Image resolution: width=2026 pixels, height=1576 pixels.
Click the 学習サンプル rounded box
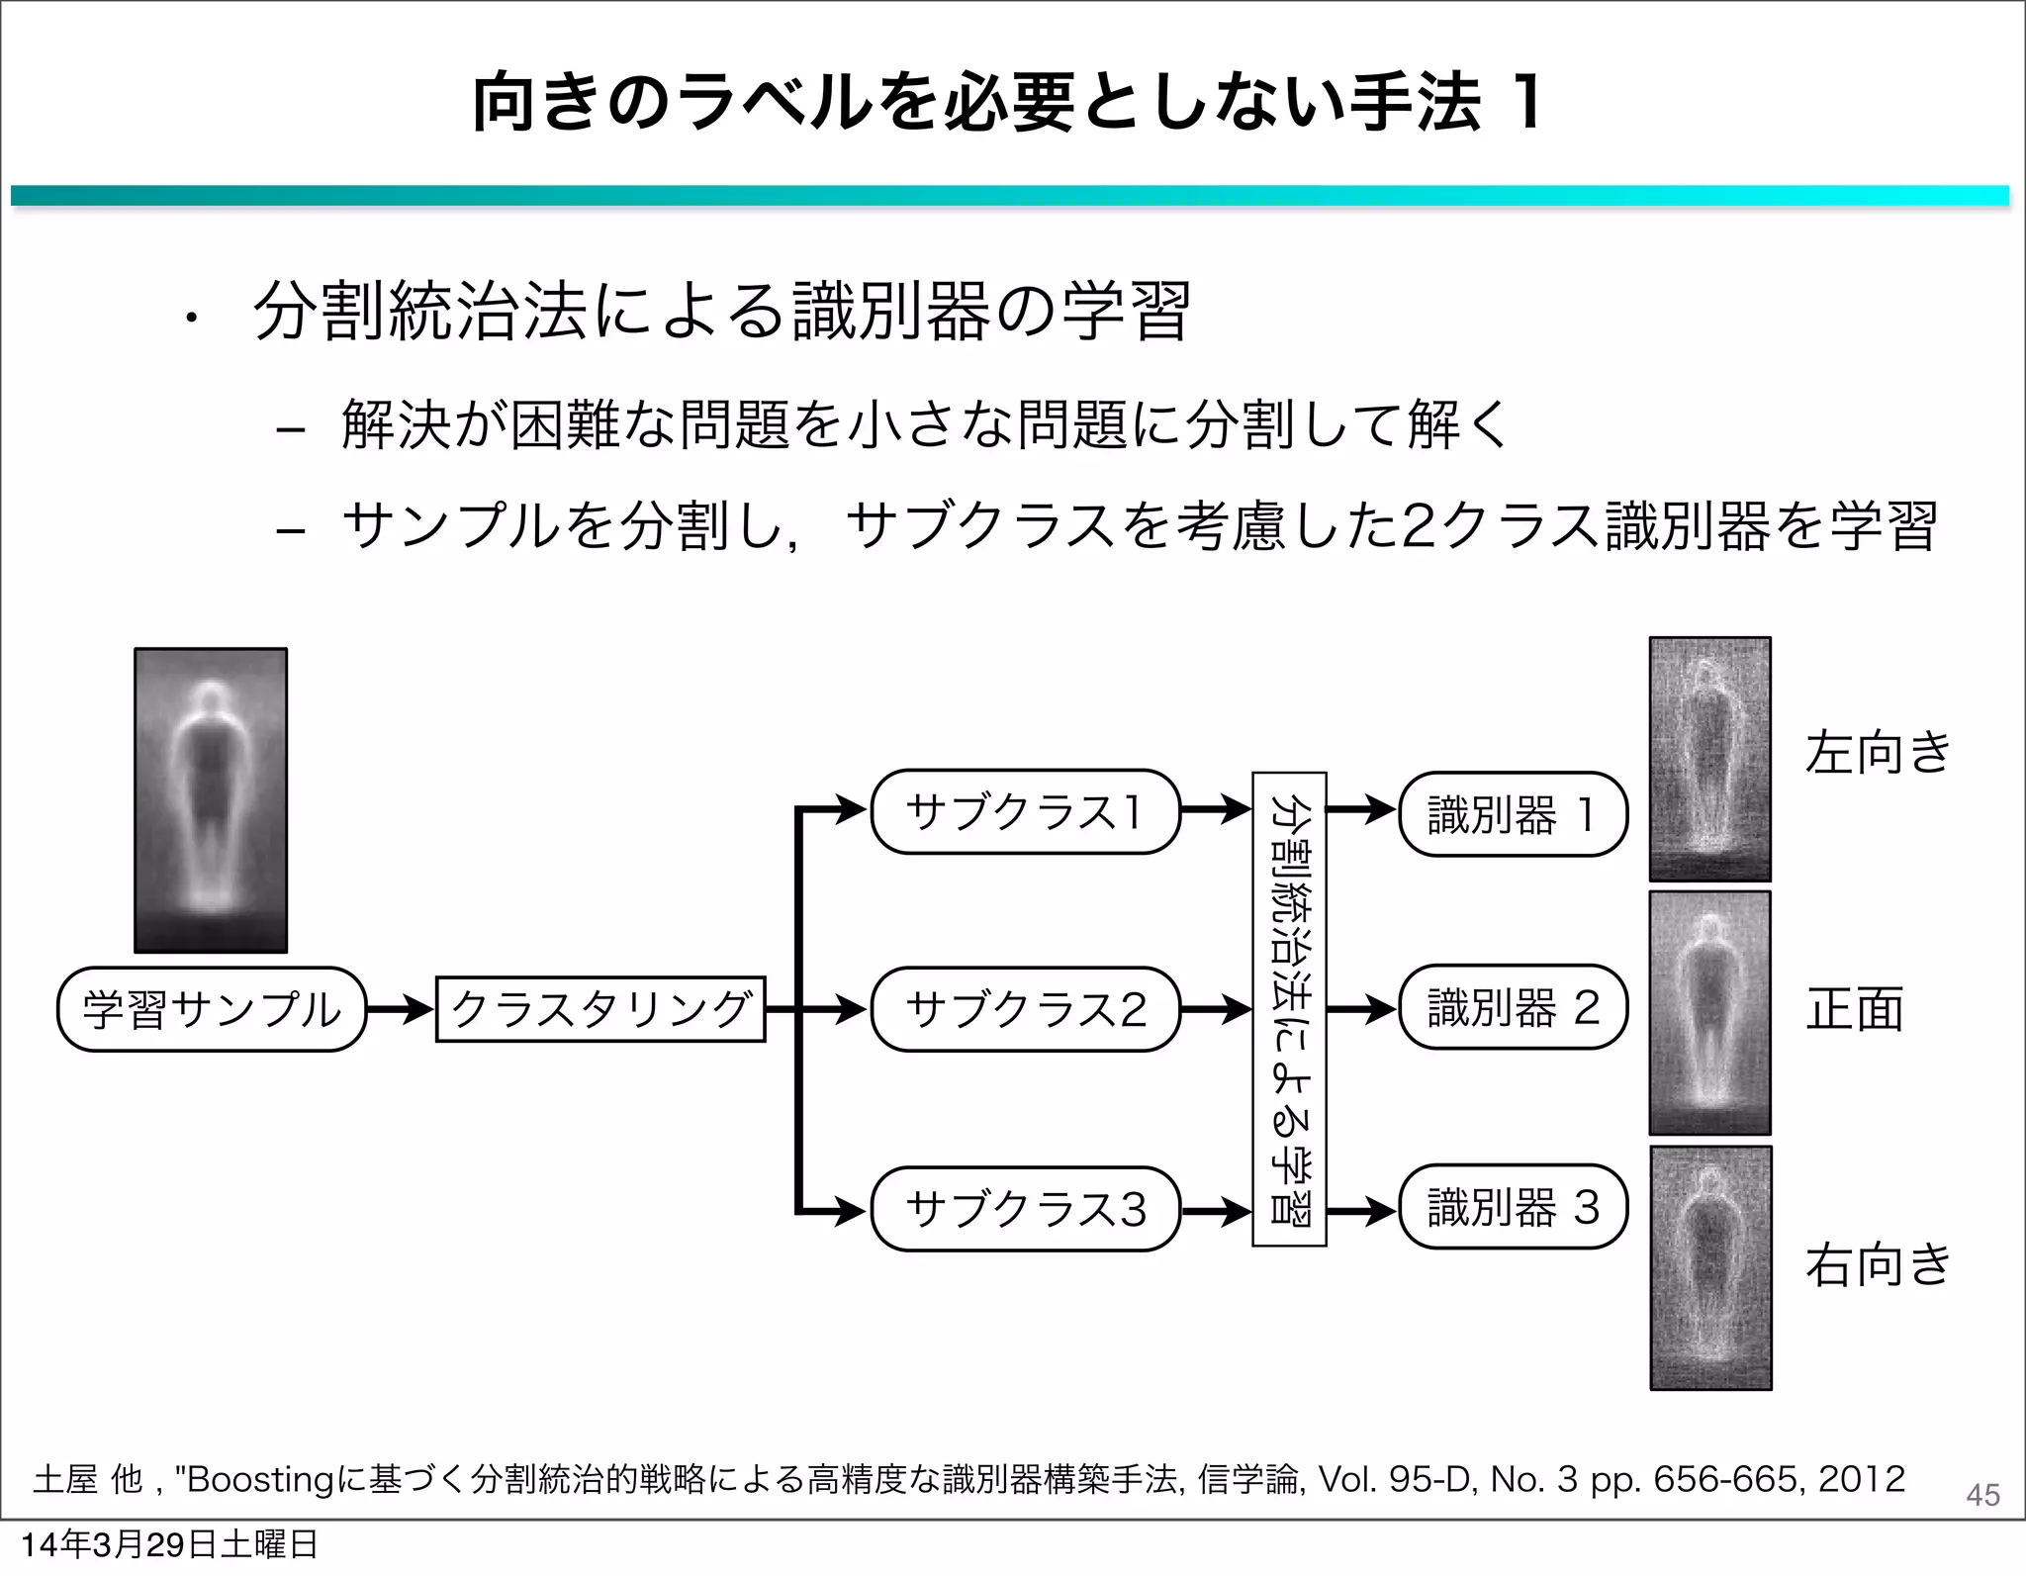pyautogui.click(x=212, y=1009)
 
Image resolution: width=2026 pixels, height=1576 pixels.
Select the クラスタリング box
pyautogui.click(x=600, y=1009)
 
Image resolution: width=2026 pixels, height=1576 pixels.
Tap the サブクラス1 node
pyautogui.click(x=1025, y=812)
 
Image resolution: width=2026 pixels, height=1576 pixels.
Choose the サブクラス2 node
pyautogui.click(x=1025, y=1009)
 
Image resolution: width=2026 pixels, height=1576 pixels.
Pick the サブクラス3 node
pyautogui.click(x=1025, y=1209)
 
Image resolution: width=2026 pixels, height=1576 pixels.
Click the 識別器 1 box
pyautogui.click(x=1513, y=814)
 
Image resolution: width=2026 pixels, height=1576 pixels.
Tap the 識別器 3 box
pyautogui.click(x=1513, y=1208)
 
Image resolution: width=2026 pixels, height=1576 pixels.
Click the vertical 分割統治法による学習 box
pyautogui.click(x=1289, y=1009)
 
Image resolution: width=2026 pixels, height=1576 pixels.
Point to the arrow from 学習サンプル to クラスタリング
pyautogui.click(x=401, y=1009)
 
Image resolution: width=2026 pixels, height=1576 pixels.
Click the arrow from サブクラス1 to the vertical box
pyautogui.click(x=1217, y=810)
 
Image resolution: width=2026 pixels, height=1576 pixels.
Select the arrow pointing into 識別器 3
pyautogui.click(x=1361, y=1209)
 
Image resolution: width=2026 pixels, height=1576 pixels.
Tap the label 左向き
pyautogui.click(x=1877, y=752)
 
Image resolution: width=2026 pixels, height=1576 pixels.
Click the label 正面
pyautogui.click(x=1855, y=1009)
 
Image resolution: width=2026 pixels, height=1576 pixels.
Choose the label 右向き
pyautogui.click(x=1877, y=1265)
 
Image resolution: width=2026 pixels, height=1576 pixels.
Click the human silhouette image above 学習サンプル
pyautogui.click(x=211, y=799)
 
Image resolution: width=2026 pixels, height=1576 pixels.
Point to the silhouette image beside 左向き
pyautogui.click(x=1709, y=759)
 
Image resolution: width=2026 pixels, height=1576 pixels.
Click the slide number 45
pyautogui.click(x=1982, y=1495)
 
